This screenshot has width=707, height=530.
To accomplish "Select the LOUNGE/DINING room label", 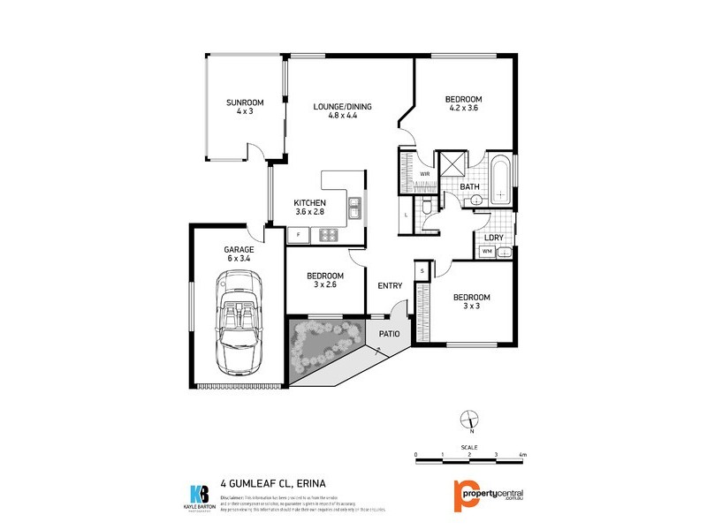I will [x=343, y=107].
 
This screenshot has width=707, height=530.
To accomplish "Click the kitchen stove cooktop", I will [x=330, y=235].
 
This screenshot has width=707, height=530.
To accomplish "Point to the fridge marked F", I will [x=299, y=235].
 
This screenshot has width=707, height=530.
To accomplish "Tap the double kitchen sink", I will [x=354, y=208].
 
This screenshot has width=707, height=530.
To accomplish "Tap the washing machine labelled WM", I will [x=485, y=252].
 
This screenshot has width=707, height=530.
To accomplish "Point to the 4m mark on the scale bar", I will [x=523, y=454].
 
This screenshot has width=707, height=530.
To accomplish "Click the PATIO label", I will [x=390, y=334].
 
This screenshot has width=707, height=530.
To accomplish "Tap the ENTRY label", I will [x=390, y=285].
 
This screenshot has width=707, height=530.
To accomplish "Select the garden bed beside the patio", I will [x=323, y=346].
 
